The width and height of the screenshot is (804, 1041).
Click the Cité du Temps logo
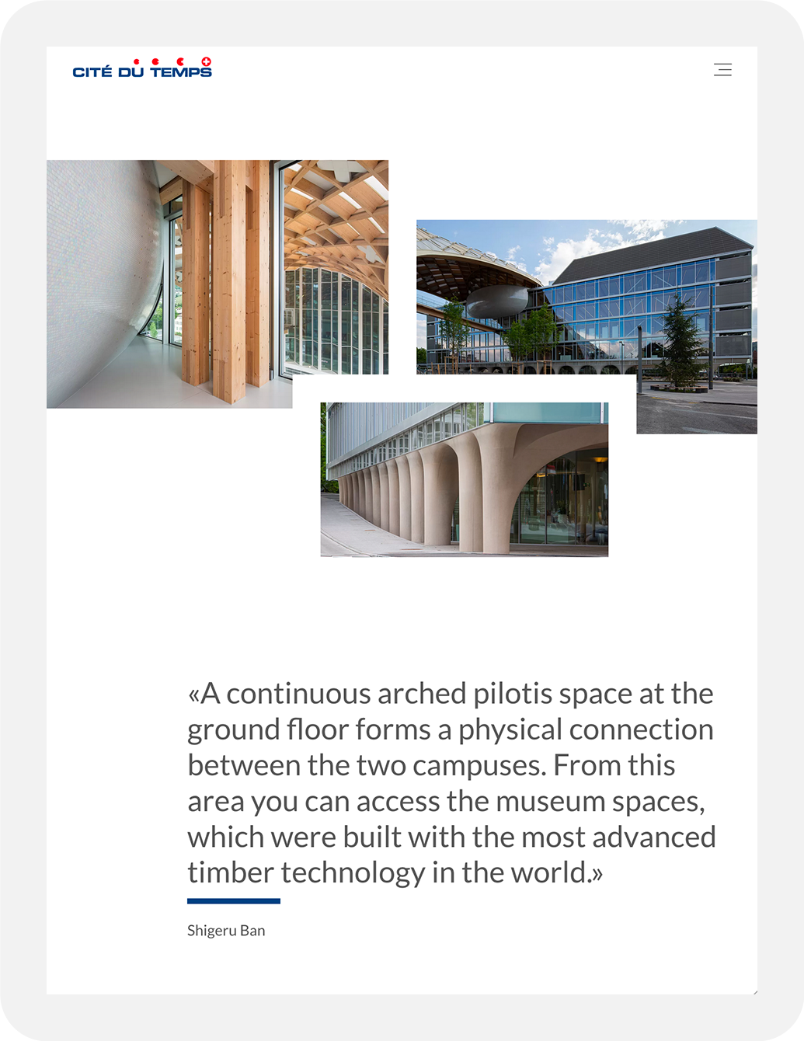[x=142, y=70]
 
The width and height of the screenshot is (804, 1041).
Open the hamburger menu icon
[x=722, y=70]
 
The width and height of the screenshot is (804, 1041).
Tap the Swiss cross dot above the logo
[x=206, y=61]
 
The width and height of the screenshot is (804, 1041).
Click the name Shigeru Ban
[x=226, y=931]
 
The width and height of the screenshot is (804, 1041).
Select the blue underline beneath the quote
[x=233, y=901]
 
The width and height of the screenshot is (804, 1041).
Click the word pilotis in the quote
[x=512, y=694]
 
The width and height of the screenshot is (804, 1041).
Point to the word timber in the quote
[x=230, y=872]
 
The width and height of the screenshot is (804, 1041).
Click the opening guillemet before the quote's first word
[x=193, y=695]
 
